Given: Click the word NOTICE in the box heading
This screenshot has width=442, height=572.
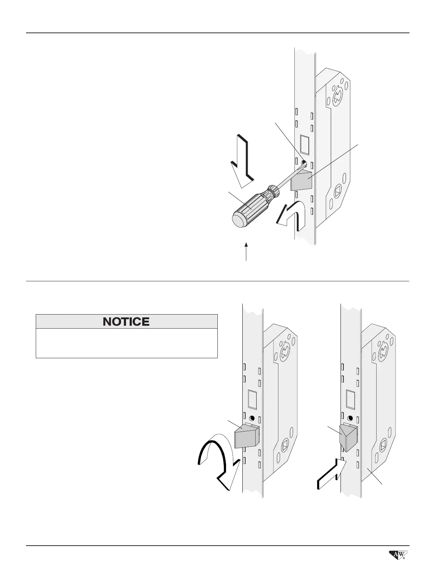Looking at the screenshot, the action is pos(126,321).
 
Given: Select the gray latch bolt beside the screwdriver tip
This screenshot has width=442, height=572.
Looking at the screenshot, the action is pos(302,181).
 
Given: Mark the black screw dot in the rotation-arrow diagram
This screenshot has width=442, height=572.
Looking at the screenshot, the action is pos(252,419).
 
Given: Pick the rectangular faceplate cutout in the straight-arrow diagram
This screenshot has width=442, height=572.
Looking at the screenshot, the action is pos(350,399).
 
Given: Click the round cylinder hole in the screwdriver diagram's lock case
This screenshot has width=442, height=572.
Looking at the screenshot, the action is pos(338,95).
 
